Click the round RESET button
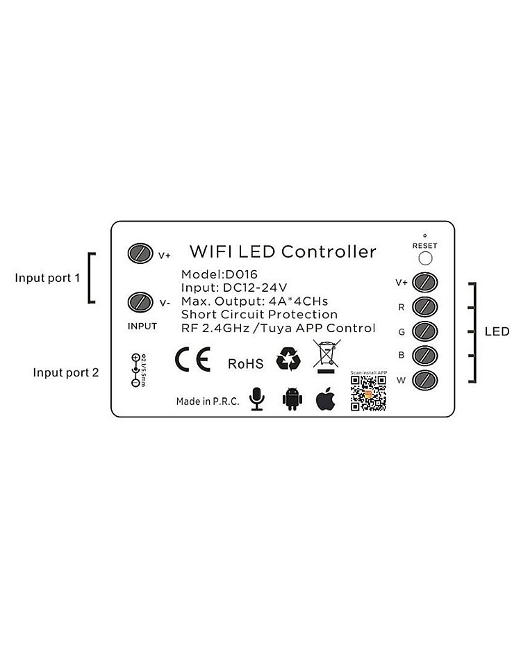click(425, 258)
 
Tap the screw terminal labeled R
click(424, 306)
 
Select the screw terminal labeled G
click(424, 331)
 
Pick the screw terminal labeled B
click(424, 355)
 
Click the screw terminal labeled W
click(424, 379)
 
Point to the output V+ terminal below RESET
click(424, 282)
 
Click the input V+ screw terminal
click(140, 254)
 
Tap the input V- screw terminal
click(140, 302)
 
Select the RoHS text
click(245, 363)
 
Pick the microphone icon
click(257, 399)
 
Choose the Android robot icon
click(293, 399)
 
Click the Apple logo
click(326, 399)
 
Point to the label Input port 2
click(66, 372)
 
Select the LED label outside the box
click(497, 332)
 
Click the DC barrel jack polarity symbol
click(134, 370)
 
